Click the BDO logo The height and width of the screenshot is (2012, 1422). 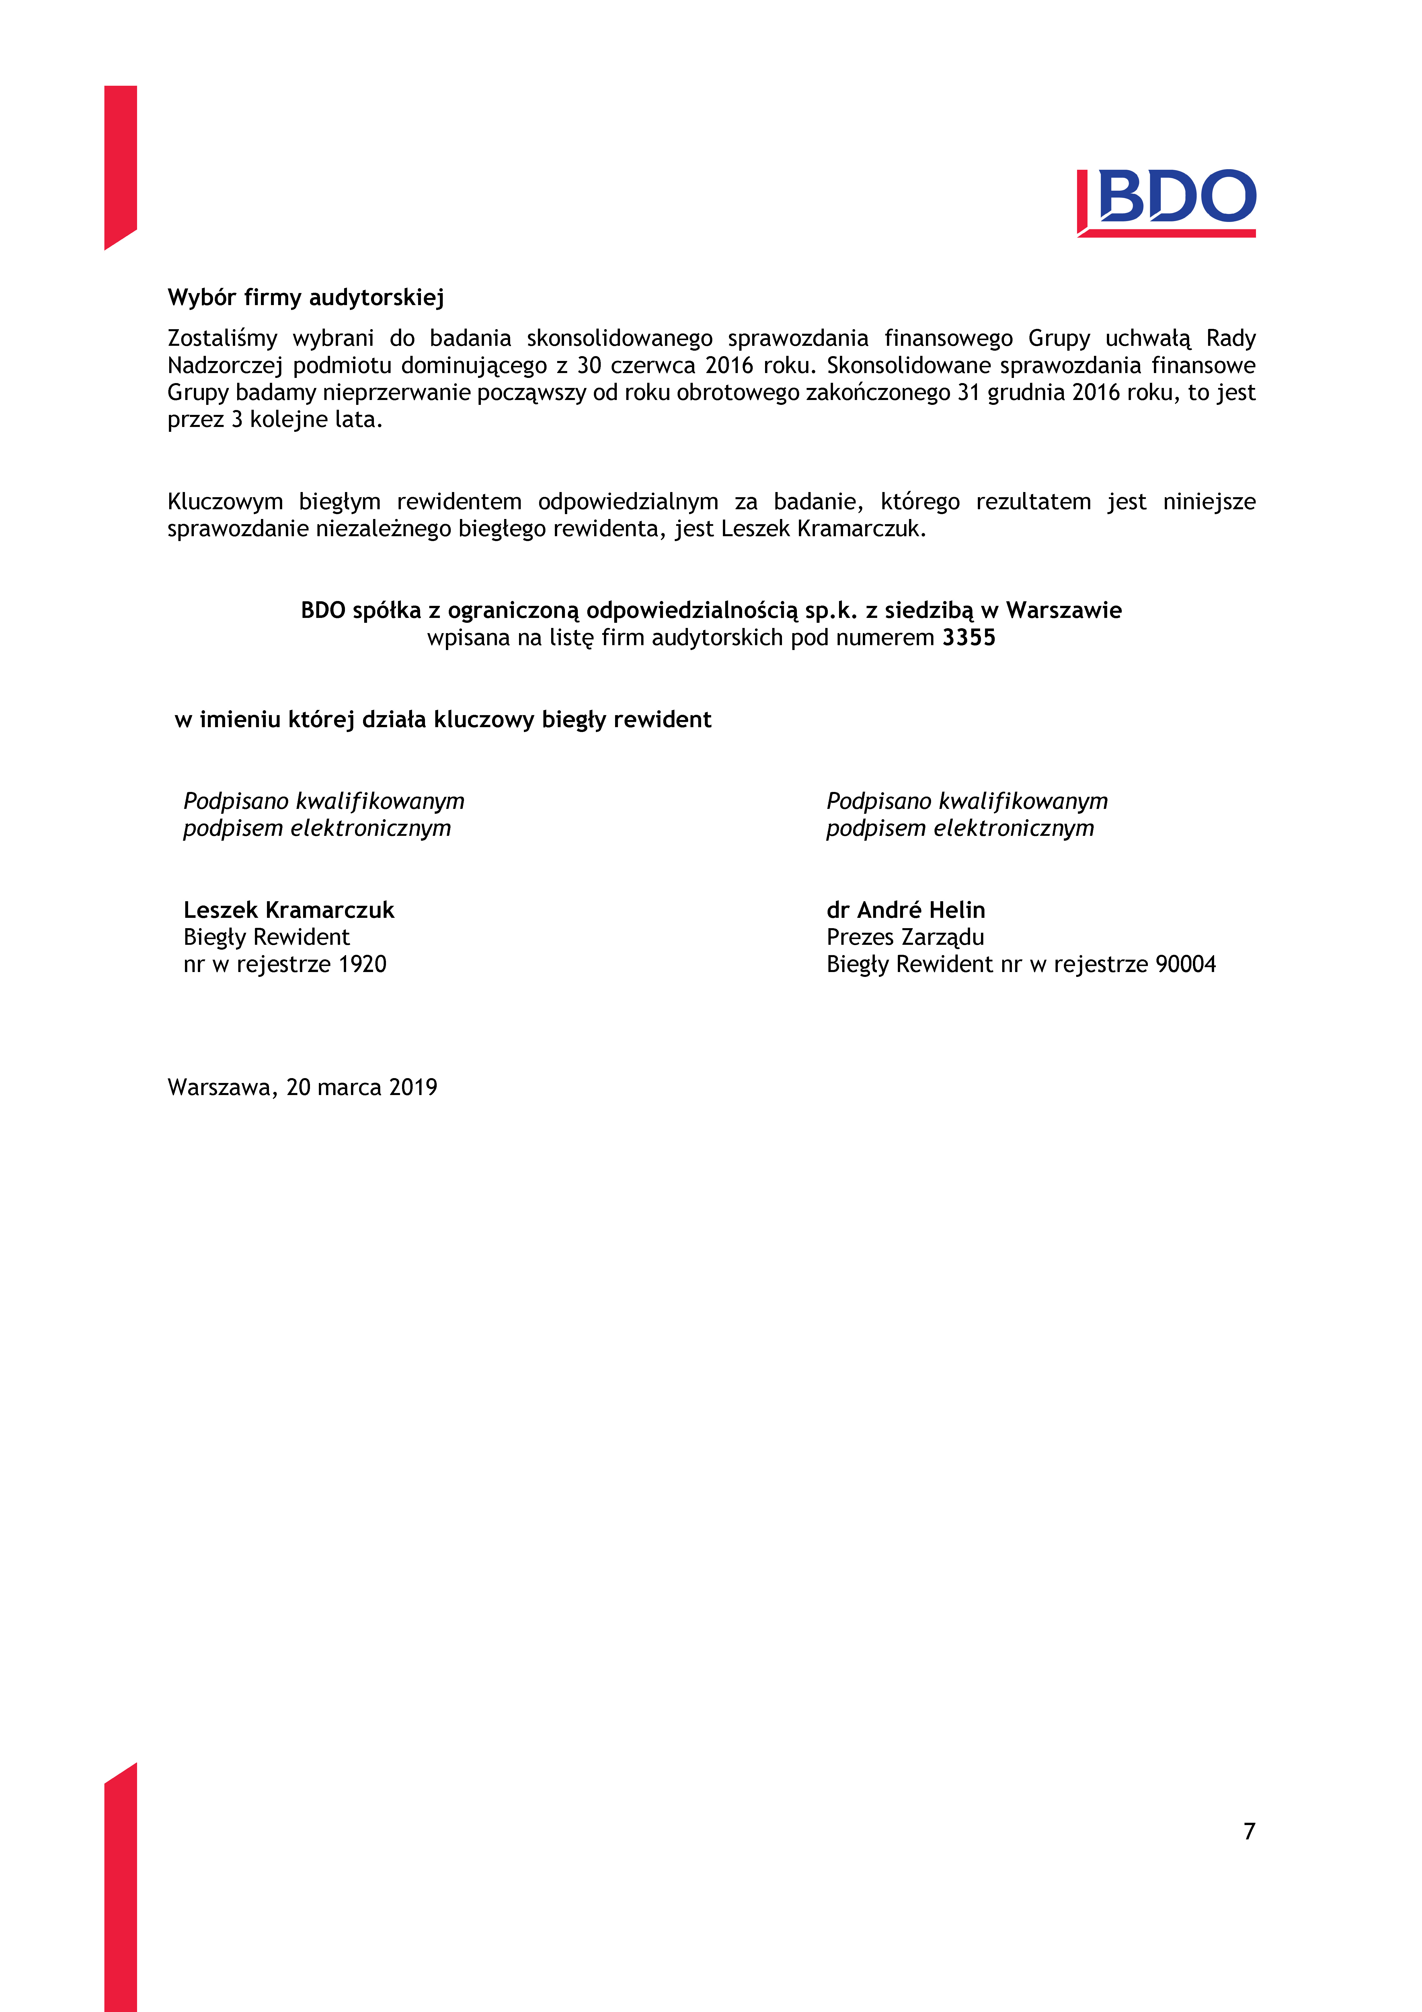[1166, 202]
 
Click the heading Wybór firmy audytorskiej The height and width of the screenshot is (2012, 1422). [306, 298]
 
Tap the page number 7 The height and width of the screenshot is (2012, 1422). [1249, 1830]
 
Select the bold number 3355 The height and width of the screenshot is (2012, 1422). [969, 638]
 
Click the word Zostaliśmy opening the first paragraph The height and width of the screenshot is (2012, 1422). [223, 338]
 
